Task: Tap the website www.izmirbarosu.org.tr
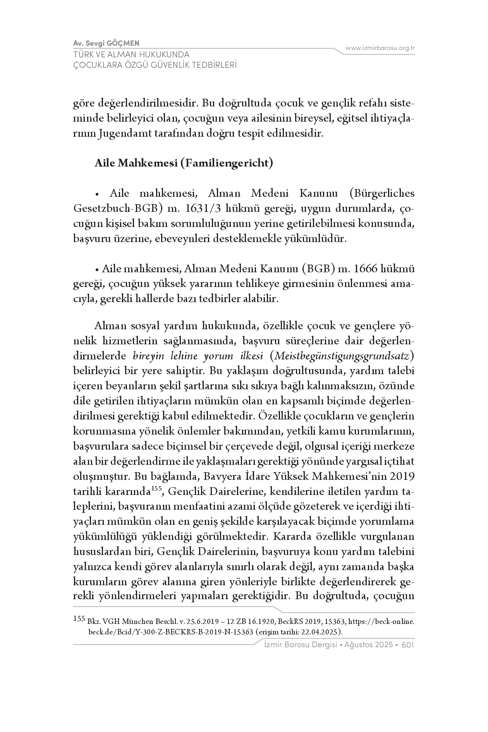point(380,48)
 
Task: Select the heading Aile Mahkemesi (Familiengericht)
point(184,163)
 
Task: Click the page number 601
point(408,645)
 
